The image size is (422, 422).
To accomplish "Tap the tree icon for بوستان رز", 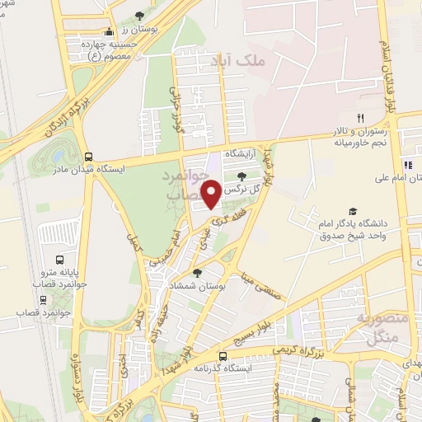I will tap(138, 16).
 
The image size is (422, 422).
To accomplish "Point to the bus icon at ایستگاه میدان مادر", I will tap(88, 157).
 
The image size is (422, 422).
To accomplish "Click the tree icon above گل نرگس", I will tap(241, 176).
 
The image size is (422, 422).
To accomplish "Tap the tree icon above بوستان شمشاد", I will tap(196, 273).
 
